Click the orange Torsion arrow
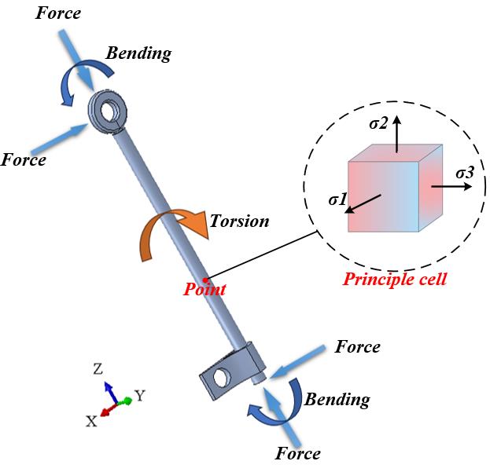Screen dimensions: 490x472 point(163,216)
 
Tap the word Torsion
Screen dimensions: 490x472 point(239,221)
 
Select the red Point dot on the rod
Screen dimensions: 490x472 point(204,280)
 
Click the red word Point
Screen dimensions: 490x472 point(204,289)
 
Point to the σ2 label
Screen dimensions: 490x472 point(378,124)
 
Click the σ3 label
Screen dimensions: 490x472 point(465,173)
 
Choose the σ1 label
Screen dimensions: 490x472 point(338,199)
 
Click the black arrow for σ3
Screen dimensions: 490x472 point(451,187)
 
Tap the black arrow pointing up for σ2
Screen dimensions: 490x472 point(397,134)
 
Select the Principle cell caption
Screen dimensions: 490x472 point(395,279)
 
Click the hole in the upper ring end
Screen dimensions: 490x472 point(108,111)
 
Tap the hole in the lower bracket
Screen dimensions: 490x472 point(221,377)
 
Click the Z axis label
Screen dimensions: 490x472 point(98,369)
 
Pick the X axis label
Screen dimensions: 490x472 point(91,422)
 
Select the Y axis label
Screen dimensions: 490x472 point(140,396)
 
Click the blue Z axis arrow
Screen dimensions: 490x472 point(111,393)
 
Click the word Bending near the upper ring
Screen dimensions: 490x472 point(138,53)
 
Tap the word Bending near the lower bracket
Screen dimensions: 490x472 point(337,400)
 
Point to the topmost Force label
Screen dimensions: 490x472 point(58,13)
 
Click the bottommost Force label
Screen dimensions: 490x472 point(298,454)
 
